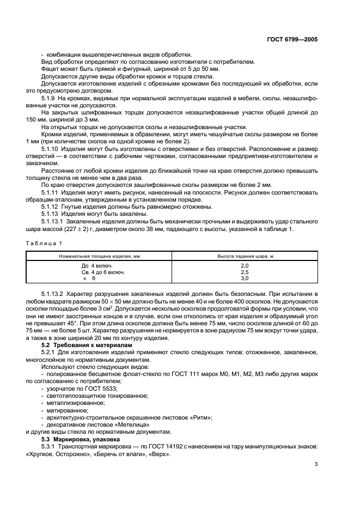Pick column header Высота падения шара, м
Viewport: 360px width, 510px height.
point(244,255)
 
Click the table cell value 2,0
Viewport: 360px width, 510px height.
point(244,265)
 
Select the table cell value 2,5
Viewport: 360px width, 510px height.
point(244,271)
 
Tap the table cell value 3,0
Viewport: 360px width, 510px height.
point(244,278)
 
